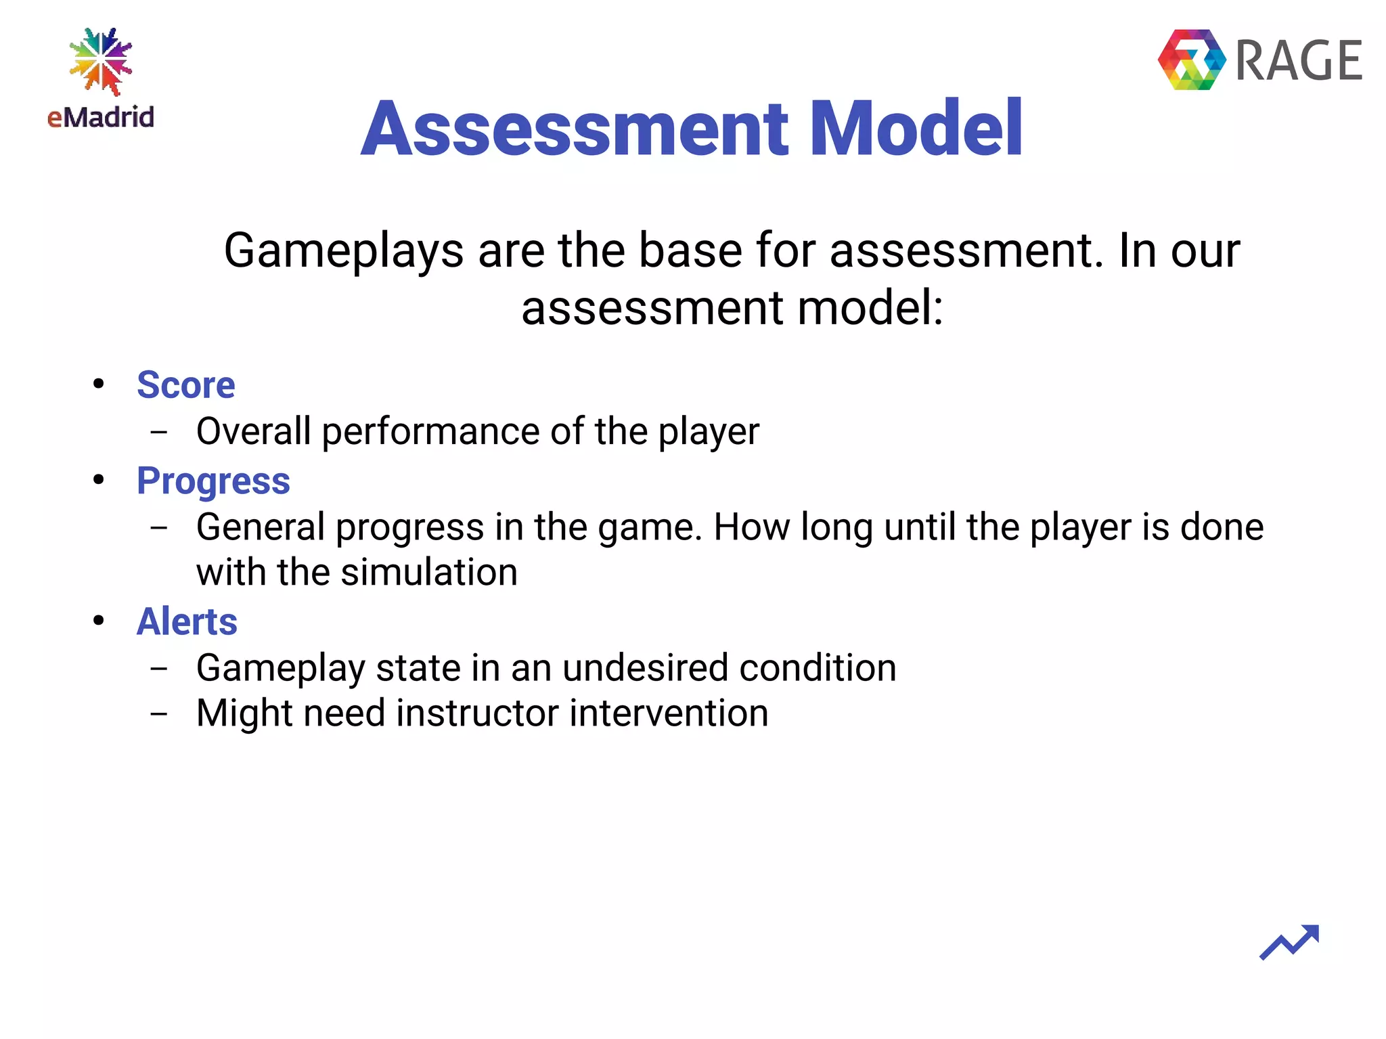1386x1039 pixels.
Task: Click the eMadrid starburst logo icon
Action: (101, 62)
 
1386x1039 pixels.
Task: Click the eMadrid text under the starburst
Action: (101, 118)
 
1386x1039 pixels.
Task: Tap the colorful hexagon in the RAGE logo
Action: (1192, 60)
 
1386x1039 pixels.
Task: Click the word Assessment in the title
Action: (575, 129)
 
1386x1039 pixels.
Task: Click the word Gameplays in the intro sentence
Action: (343, 251)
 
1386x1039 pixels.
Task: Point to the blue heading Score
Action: (185, 385)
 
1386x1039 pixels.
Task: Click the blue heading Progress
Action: (213, 481)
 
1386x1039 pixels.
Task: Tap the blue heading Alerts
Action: (187, 621)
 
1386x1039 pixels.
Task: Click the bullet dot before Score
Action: (99, 384)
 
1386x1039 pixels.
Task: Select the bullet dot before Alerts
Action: (99, 620)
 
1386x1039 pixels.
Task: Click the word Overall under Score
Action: (253, 431)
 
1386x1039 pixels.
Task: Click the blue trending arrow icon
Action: (1289, 942)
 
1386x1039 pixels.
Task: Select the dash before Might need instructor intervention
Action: (159, 713)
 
